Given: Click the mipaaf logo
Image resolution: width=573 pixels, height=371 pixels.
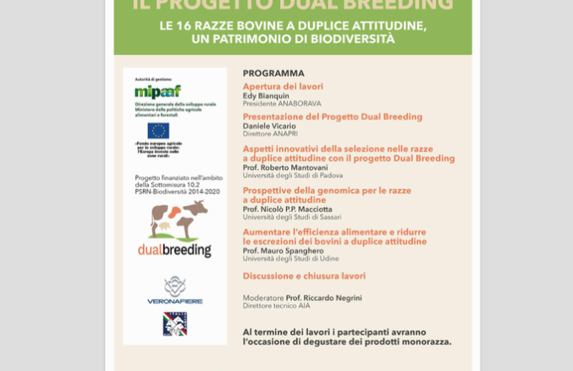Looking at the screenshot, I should (x=157, y=91).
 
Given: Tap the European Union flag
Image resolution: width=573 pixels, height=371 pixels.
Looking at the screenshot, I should (x=158, y=130).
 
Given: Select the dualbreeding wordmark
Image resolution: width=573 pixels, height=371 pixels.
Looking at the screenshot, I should (x=175, y=250).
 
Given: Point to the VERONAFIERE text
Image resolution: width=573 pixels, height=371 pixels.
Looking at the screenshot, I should (x=175, y=300).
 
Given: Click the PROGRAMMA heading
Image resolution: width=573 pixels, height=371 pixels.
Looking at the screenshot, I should (x=273, y=74).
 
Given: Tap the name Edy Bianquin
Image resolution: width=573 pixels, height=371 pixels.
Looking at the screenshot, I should (x=266, y=96).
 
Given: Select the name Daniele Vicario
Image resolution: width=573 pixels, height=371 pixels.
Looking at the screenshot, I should (x=269, y=126).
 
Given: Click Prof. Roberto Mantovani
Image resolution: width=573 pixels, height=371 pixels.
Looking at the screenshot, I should (x=285, y=167).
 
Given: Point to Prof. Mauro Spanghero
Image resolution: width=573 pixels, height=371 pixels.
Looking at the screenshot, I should (x=283, y=250).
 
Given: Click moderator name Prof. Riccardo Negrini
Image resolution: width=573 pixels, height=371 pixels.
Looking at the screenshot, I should (x=323, y=297).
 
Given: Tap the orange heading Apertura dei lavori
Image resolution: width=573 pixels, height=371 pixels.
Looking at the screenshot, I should (x=283, y=86).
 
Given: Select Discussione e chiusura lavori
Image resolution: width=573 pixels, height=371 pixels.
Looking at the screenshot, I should (x=304, y=276).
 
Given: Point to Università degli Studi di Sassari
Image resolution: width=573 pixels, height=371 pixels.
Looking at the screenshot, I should (x=292, y=217).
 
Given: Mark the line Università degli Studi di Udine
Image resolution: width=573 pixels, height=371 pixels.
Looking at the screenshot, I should (x=290, y=259).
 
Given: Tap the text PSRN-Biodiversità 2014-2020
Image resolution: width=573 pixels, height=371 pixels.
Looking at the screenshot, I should (x=177, y=192).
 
